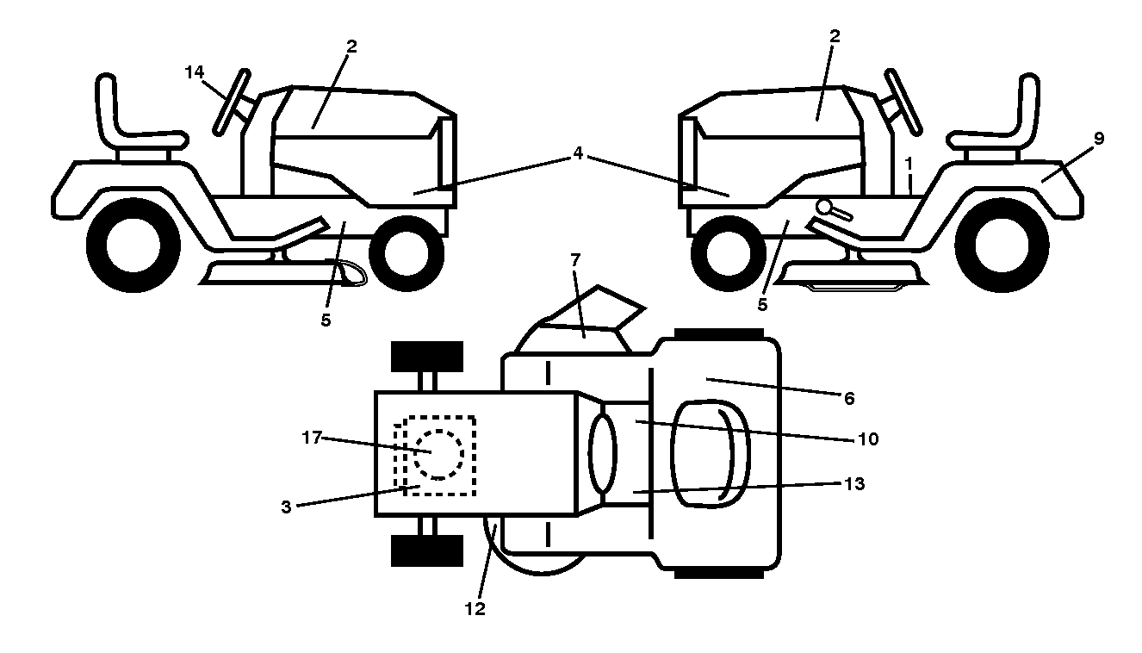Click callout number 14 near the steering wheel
click(x=195, y=72)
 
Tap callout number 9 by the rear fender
click(x=1099, y=138)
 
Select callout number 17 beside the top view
click(x=312, y=438)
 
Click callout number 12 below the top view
click(x=475, y=608)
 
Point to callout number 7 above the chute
click(x=575, y=260)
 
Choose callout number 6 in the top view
click(x=849, y=398)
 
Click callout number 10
click(x=869, y=438)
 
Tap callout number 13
click(x=854, y=483)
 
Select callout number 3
click(x=286, y=507)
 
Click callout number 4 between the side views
click(x=578, y=153)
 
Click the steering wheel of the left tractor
click(x=232, y=102)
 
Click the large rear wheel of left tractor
click(x=133, y=246)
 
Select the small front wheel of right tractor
click(x=729, y=253)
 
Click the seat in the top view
click(x=711, y=453)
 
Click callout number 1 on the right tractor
click(x=908, y=164)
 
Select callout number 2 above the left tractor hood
click(x=351, y=47)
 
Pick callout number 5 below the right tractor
click(x=762, y=305)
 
